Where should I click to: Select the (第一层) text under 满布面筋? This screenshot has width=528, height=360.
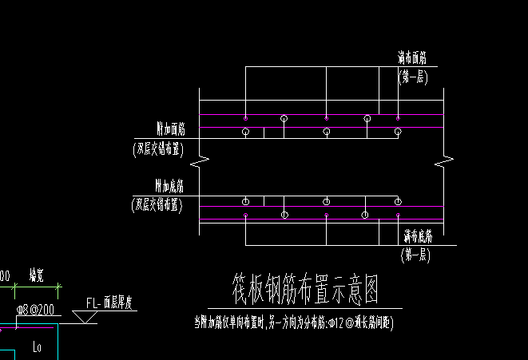point(413,77)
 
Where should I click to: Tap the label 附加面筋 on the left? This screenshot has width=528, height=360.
point(170,129)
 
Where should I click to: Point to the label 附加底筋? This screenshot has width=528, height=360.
point(169,187)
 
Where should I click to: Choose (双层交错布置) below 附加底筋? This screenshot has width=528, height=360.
point(157,205)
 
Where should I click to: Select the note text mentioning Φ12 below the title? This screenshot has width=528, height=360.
point(294,323)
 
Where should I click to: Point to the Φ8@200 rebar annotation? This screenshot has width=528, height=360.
point(35,309)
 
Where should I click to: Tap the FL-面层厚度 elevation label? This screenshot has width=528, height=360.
point(113,303)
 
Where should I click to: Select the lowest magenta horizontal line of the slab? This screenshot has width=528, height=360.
point(320,219)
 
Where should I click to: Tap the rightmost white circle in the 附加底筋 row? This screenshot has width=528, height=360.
point(398,201)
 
